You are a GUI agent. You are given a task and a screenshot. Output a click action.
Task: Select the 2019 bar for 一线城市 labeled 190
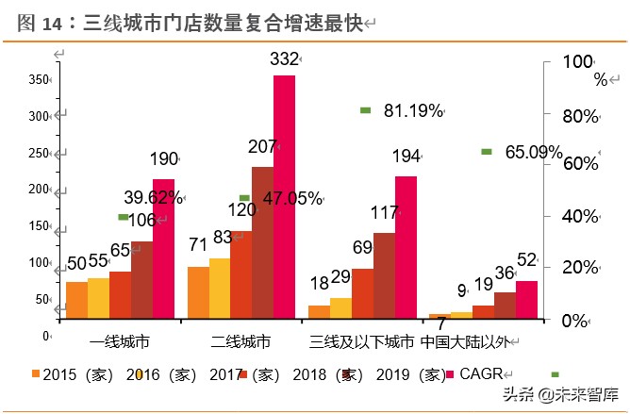[x=163, y=249]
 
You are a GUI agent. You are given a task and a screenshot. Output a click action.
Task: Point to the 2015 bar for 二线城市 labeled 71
[x=198, y=292]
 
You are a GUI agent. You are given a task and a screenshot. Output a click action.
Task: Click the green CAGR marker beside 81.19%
[x=365, y=110]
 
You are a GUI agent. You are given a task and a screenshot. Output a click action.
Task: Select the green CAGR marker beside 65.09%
[x=487, y=151]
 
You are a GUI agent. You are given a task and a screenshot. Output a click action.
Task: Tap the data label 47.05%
[x=292, y=198]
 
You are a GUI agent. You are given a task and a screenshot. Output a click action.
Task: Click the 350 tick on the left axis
[x=39, y=80]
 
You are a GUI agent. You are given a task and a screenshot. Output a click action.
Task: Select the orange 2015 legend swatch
[x=36, y=373]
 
